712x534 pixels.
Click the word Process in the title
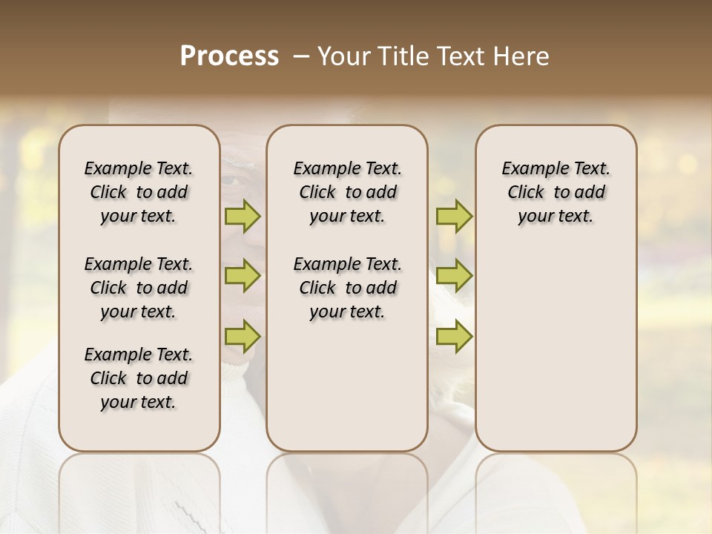coord(229,56)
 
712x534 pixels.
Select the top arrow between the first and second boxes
coord(243,217)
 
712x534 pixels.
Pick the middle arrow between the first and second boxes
coord(243,276)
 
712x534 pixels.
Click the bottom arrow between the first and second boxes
coord(243,336)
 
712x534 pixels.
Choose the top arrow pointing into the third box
coord(454,217)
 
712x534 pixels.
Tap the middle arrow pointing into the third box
coord(454,276)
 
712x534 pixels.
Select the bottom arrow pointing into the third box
coord(454,336)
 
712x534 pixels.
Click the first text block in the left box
coord(139,192)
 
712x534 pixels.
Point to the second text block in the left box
coord(139,288)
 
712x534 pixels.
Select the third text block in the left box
coord(139,378)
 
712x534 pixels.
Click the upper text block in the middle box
coord(347,192)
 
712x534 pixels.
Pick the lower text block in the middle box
coord(347,288)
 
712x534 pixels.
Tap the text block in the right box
coord(556,192)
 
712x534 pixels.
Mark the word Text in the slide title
coord(458,56)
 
